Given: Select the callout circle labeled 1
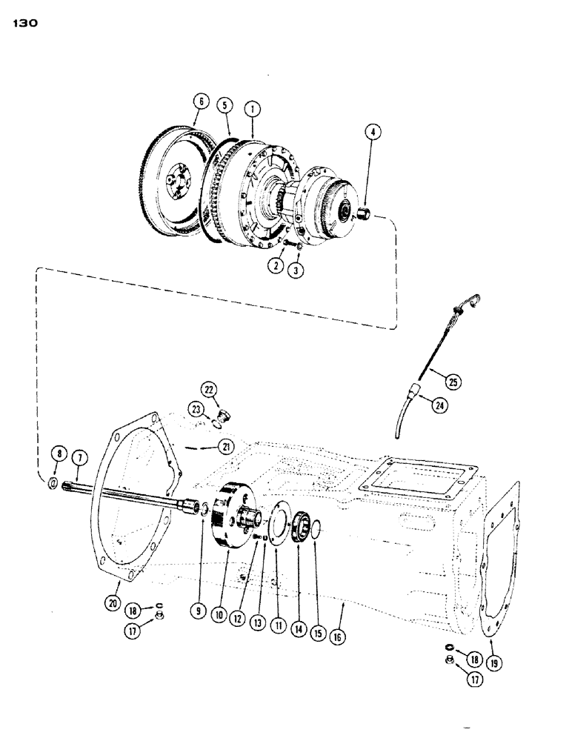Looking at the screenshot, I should click(x=253, y=108).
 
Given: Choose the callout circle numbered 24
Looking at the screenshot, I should click(x=442, y=405).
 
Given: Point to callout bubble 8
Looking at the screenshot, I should click(x=57, y=454).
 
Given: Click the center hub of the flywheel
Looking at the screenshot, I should click(x=174, y=180).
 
